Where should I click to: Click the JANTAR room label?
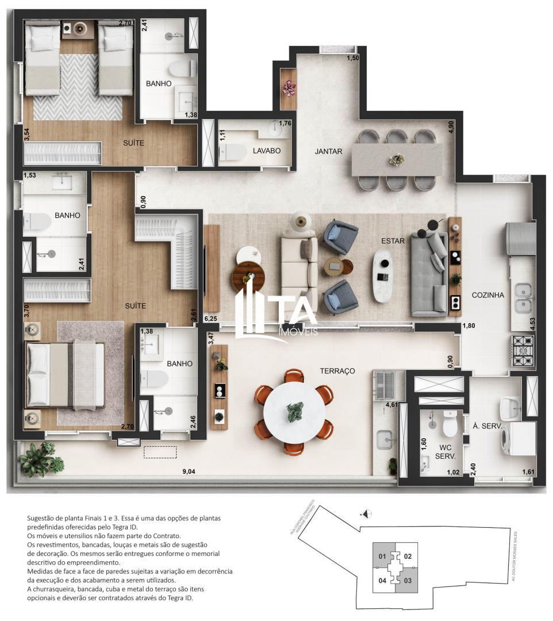(328, 152)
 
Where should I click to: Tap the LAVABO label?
(267, 151)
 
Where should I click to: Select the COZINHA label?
(487, 295)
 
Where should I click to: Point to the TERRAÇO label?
(337, 371)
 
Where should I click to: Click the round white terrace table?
(294, 412)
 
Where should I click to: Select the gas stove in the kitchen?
(523, 351)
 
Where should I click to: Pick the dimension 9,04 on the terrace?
(189, 472)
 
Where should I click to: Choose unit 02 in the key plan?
(408, 556)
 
